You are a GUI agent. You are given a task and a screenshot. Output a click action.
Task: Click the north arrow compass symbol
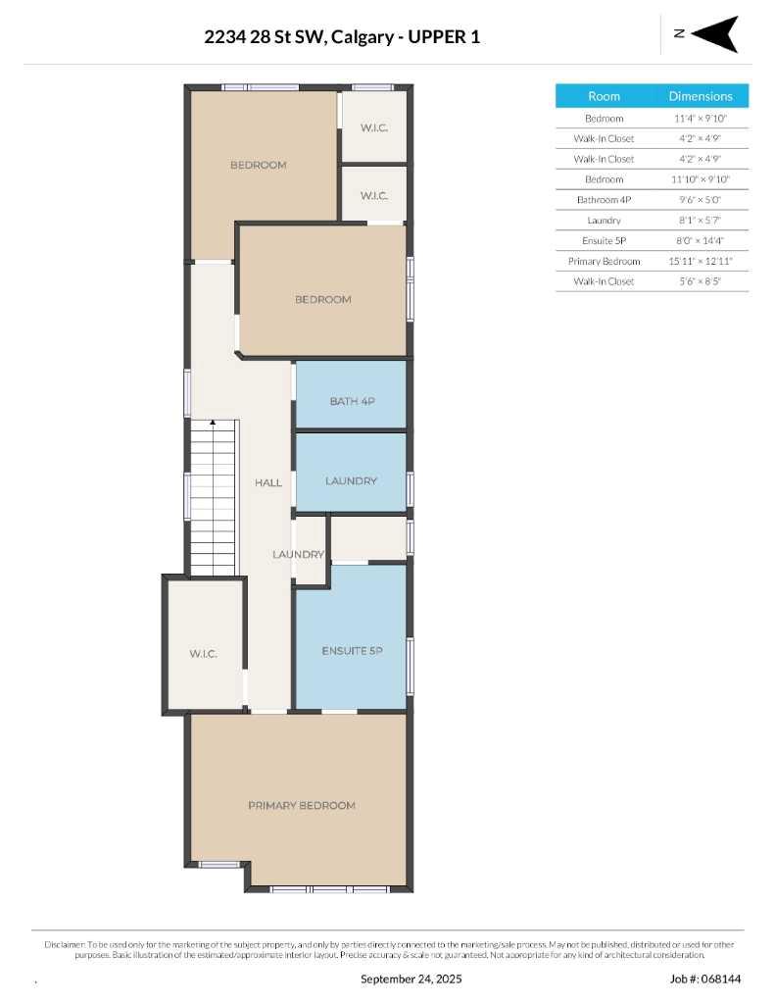pos(715,34)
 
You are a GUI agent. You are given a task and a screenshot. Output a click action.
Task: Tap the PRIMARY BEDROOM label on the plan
pos(301,805)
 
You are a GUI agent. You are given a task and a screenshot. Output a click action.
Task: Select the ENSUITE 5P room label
pos(351,651)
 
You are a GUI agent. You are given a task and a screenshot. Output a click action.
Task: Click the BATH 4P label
pos(351,401)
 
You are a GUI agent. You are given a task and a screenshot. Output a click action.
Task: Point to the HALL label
pos(267,482)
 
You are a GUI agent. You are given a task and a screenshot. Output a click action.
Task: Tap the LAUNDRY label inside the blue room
pos(351,480)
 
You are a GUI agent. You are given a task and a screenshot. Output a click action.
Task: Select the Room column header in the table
pos(604,96)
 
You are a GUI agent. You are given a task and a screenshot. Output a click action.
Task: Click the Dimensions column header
pos(701,96)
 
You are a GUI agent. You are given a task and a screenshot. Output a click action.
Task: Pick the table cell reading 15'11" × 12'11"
pos(701,262)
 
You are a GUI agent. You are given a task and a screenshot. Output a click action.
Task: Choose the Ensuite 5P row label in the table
pos(604,241)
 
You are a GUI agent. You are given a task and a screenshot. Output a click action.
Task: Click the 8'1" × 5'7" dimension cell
pos(701,221)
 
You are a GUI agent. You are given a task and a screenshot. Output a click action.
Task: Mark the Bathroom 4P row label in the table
pos(604,200)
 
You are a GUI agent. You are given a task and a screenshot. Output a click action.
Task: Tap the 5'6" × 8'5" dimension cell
pos(701,282)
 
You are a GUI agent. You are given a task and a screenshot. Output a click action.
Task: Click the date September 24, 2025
pos(411,979)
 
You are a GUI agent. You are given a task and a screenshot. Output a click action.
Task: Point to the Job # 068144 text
pos(704,979)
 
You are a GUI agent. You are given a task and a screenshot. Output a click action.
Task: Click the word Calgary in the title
pos(363,37)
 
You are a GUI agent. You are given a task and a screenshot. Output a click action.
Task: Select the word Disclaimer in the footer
pos(66,944)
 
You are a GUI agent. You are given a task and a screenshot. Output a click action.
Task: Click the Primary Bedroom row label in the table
pos(604,262)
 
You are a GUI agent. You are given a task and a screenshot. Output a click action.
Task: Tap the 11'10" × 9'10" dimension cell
pos(701,179)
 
